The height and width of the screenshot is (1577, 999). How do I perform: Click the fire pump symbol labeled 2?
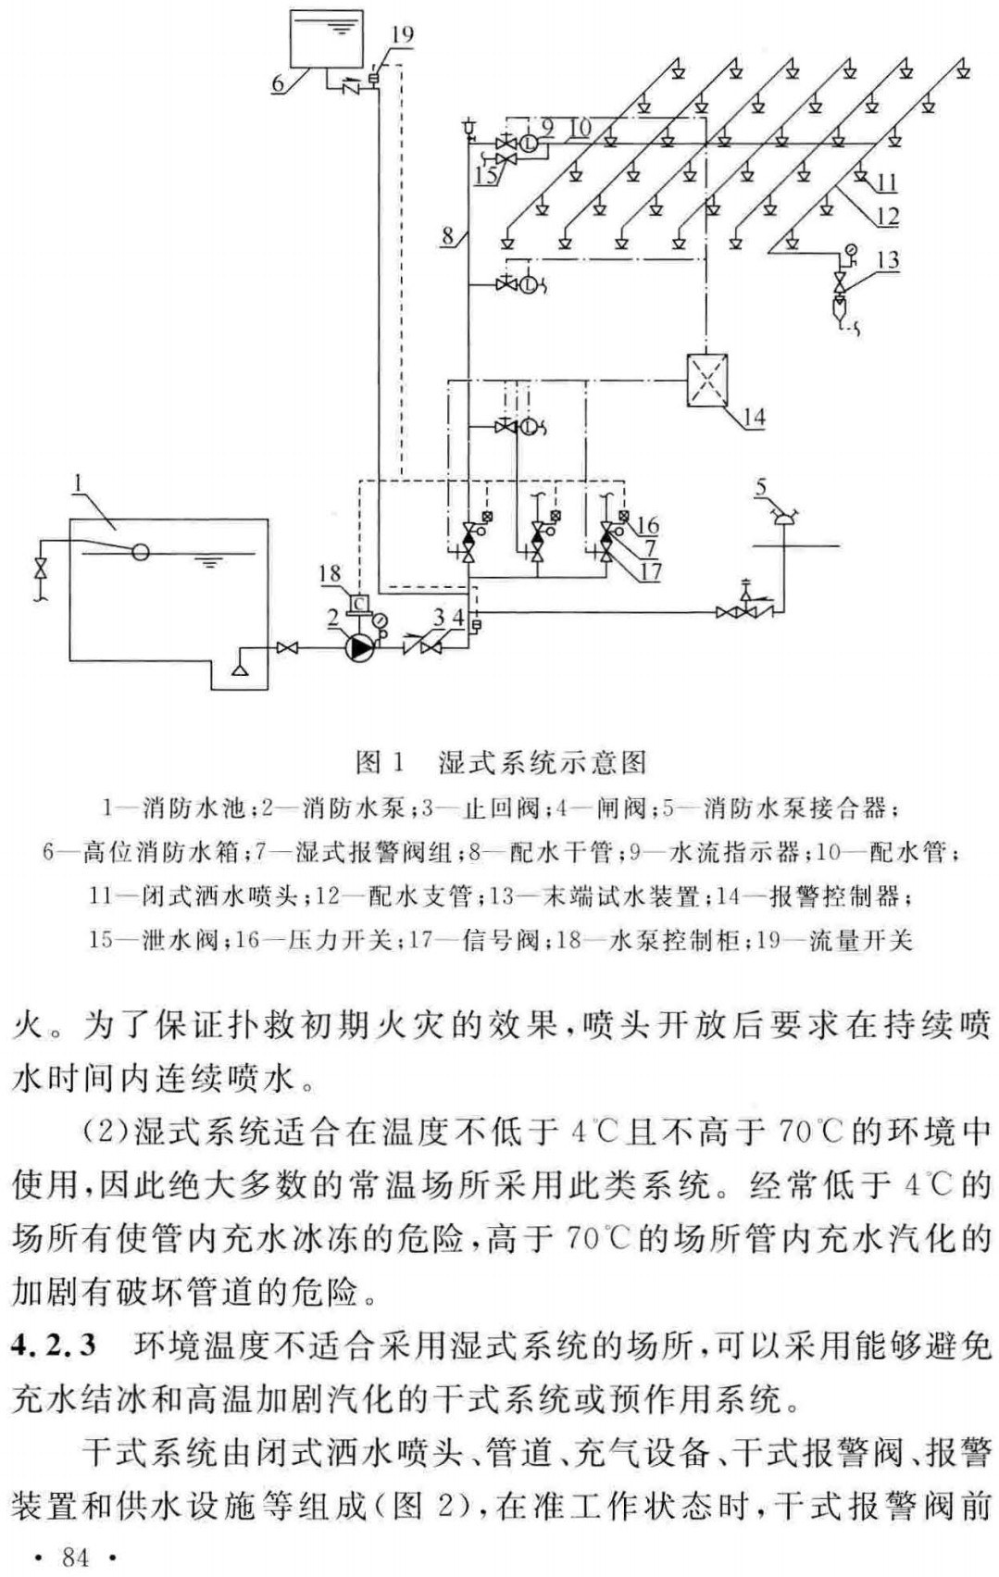[360, 647]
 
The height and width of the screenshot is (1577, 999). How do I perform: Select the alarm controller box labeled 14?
[707, 380]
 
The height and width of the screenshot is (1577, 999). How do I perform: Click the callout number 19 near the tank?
[402, 35]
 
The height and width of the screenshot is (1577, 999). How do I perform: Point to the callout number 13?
[887, 260]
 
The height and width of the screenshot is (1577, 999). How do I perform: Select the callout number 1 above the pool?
[79, 482]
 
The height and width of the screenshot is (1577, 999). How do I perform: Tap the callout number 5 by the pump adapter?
[761, 487]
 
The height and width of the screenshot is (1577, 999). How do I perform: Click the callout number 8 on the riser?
[448, 235]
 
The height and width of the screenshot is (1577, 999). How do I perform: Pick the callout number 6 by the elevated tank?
[278, 82]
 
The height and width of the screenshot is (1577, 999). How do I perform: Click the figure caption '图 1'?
[381, 762]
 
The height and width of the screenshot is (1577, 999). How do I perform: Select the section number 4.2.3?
[54, 1345]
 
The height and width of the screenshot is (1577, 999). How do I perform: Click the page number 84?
[75, 1558]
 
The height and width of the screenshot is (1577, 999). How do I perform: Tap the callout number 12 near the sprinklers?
[887, 217]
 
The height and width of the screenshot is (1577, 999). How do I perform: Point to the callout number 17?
[651, 571]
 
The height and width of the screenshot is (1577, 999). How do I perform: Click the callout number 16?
[647, 527]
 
